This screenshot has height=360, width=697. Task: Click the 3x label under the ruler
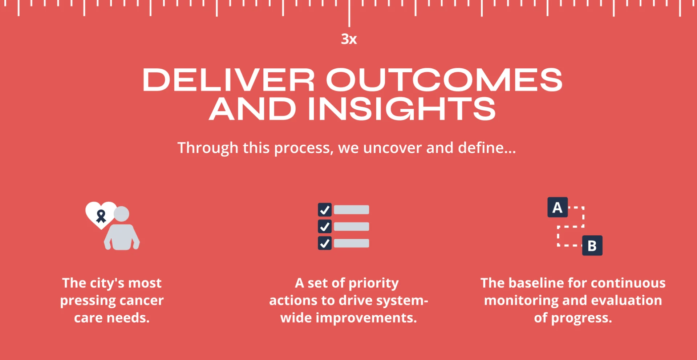(349, 39)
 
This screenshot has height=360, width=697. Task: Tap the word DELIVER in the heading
(228, 80)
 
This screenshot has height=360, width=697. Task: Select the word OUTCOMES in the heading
(444, 80)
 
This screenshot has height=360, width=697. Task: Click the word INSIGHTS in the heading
(402, 109)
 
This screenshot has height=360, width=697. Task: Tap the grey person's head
(121, 214)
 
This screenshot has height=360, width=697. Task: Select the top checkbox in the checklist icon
(325, 210)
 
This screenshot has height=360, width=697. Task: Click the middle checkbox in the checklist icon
(325, 226)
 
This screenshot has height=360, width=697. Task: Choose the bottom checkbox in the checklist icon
(325, 243)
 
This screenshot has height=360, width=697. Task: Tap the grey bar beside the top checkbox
(351, 210)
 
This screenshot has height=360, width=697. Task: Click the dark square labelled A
(558, 207)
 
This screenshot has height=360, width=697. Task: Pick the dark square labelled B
(592, 246)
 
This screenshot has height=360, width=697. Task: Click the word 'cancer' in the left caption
(142, 300)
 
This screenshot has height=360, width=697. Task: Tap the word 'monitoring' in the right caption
(521, 301)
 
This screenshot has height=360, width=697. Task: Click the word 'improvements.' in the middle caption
(366, 318)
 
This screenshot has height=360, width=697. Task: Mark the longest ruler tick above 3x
(349, 13)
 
